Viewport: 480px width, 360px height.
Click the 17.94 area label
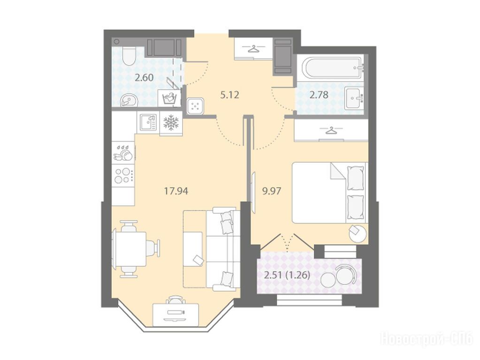[176, 191]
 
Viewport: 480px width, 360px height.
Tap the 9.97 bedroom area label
[272, 191]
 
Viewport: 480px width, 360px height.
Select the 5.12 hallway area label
[229, 95]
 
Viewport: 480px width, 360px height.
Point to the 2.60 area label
[144, 78]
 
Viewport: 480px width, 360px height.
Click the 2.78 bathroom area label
[319, 95]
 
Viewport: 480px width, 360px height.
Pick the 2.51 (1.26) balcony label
[287, 276]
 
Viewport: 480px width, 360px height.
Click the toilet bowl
[128, 55]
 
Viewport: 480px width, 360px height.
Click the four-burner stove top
[123, 176]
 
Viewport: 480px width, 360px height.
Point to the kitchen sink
[148, 122]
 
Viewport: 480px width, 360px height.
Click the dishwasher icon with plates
[123, 152]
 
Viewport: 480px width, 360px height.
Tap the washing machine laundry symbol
[168, 98]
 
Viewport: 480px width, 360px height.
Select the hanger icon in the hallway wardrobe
[253, 48]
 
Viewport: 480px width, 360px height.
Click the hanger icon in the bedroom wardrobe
[330, 131]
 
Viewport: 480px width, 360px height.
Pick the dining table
[129, 249]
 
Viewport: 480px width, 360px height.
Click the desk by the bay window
[175, 315]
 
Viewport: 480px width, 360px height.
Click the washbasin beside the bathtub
[354, 98]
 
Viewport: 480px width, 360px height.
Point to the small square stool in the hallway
[195, 106]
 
